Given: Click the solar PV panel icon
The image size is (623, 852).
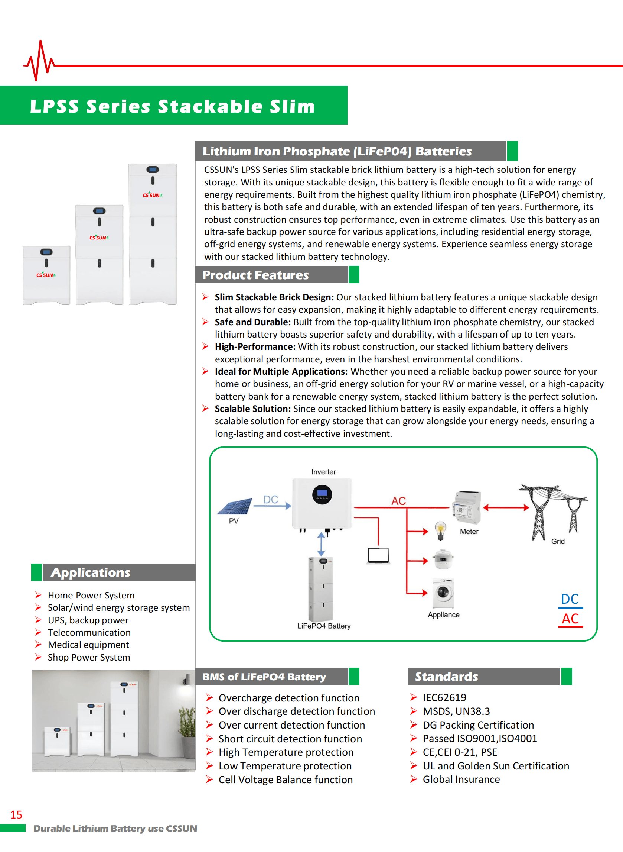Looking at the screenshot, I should pyautogui.click(x=235, y=506).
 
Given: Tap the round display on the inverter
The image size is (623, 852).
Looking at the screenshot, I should pyautogui.click(x=322, y=494).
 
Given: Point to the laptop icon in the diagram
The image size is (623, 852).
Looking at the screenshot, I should pyautogui.click(x=378, y=556).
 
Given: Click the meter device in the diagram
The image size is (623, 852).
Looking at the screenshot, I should pyautogui.click(x=467, y=508).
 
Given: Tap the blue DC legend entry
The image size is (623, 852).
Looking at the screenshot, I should pyautogui.click(x=570, y=600).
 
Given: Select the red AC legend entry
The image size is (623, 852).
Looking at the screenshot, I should pyautogui.click(x=570, y=619).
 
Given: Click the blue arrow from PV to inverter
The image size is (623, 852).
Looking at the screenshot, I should pyautogui.click(x=272, y=506).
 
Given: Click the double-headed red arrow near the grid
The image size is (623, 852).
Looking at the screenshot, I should pyautogui.click(x=506, y=508).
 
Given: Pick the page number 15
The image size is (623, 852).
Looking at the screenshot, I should pyautogui.click(x=16, y=814).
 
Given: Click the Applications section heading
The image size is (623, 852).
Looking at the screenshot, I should pyautogui.click(x=91, y=572).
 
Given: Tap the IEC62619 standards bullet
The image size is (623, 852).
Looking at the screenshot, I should pyautogui.click(x=444, y=697).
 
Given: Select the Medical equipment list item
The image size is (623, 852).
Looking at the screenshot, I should pyautogui.click(x=88, y=645).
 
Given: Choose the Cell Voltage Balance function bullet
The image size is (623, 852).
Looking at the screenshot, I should pyautogui.click(x=286, y=780).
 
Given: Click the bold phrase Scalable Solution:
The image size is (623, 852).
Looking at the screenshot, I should pyautogui.click(x=253, y=409).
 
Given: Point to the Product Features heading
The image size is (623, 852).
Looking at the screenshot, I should pyautogui.click(x=255, y=275).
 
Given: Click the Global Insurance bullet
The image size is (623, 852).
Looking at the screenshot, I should pyautogui.click(x=461, y=779).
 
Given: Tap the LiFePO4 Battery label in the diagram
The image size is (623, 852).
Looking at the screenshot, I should pyautogui.click(x=324, y=626).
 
